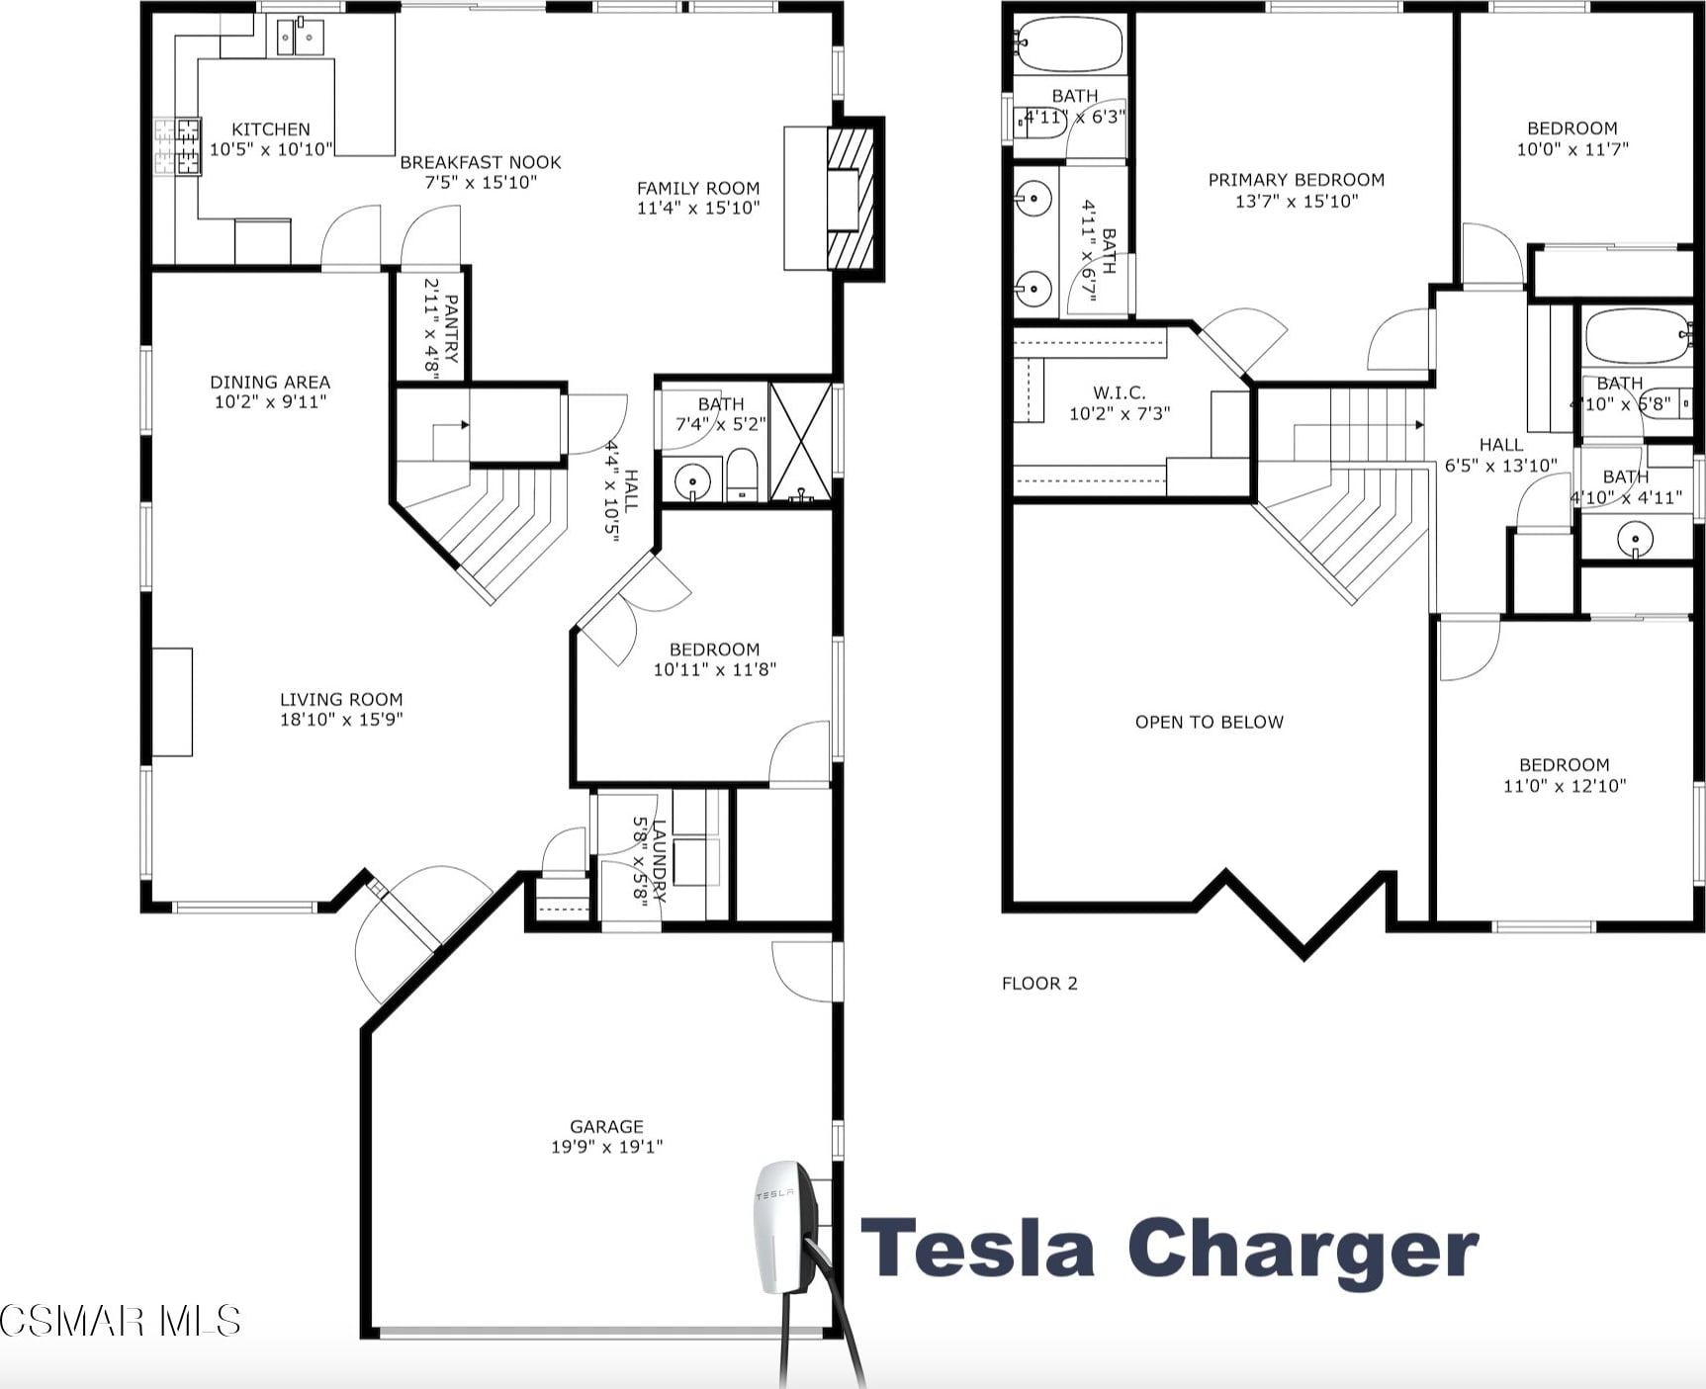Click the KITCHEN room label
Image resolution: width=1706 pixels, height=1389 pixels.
click(270, 130)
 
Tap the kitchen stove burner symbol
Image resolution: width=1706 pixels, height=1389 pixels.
click(178, 146)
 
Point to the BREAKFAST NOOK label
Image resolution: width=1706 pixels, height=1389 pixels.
click(480, 162)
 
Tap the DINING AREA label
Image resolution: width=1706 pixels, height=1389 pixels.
click(270, 382)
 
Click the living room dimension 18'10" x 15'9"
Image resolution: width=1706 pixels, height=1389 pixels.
click(341, 720)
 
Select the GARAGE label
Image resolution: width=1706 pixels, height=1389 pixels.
click(606, 1126)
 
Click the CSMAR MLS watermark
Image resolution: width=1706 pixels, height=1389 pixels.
click(120, 1321)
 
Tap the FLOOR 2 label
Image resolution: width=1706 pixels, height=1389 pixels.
click(1039, 983)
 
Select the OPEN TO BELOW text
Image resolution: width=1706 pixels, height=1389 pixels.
click(1209, 722)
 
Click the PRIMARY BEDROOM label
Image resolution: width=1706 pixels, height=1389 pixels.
click(1296, 180)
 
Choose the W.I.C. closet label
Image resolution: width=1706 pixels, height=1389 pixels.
click(1119, 392)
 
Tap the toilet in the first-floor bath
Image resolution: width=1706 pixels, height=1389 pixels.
click(742, 475)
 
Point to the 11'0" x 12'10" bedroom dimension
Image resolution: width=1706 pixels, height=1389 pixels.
click(1564, 786)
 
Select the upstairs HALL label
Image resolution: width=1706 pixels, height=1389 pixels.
click(1500, 445)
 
